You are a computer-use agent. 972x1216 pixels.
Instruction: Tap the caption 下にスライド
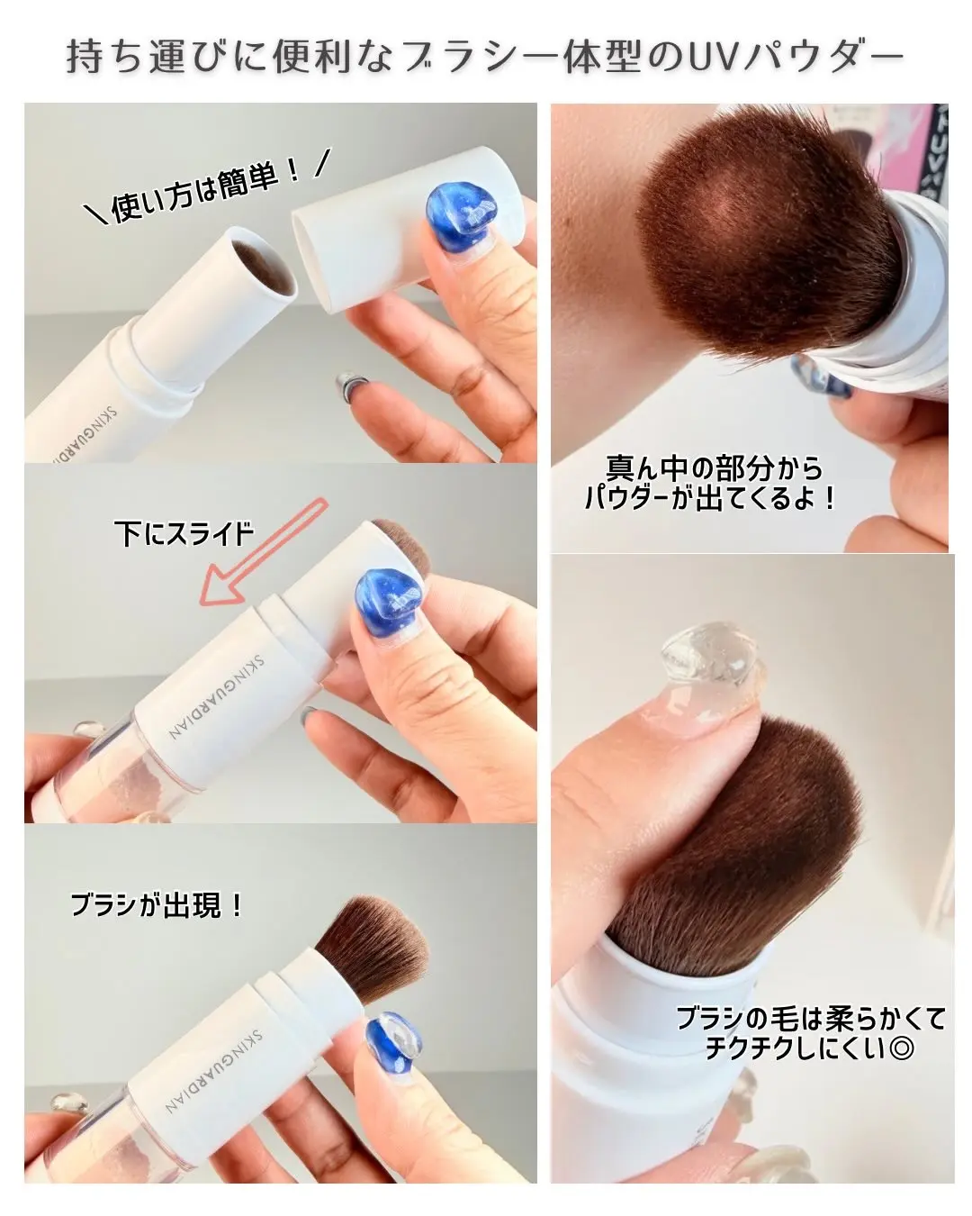184,532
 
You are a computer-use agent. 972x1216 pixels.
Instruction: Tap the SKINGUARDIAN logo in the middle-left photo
215,695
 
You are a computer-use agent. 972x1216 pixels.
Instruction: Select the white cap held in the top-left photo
409,230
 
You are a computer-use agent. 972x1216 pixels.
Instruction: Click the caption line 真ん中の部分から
714,467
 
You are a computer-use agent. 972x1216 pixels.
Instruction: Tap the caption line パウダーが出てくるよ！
710,498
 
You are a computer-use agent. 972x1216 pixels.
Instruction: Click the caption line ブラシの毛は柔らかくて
811,1018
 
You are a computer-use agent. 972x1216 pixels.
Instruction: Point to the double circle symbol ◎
901,1049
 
